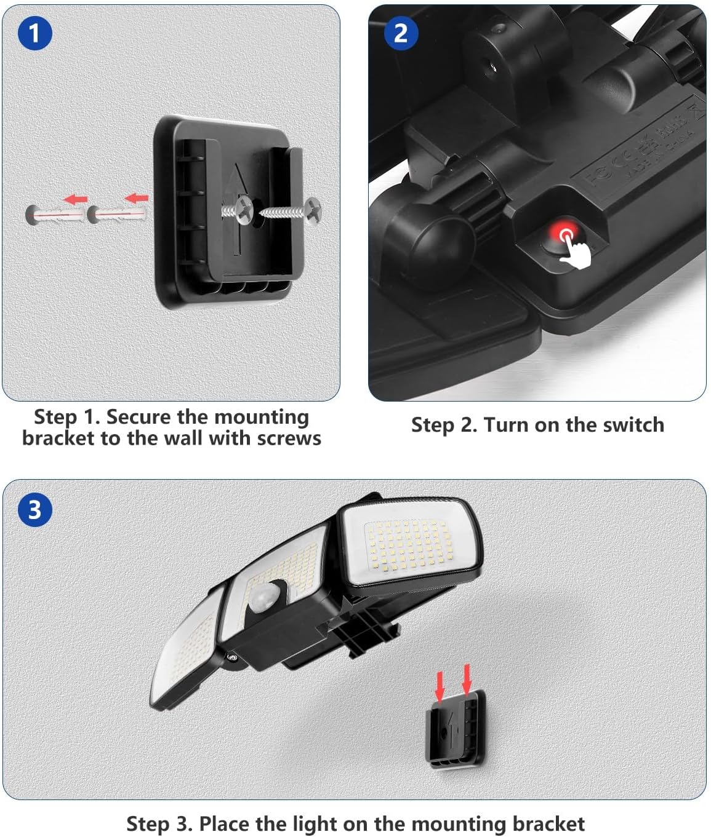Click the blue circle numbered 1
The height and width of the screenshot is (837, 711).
coord(34,33)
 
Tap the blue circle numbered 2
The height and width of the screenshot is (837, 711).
coord(400,33)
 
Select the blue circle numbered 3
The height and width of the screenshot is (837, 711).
coord(34,510)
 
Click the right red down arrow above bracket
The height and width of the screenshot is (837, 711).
coord(467,679)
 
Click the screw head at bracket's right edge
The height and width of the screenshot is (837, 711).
coord(315,210)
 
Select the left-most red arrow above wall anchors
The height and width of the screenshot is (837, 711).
coord(76,199)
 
